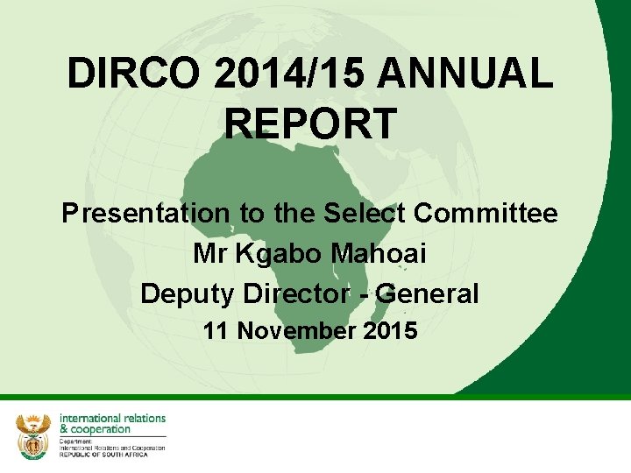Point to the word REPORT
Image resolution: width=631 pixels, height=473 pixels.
(310, 124)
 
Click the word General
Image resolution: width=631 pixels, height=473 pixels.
(429, 293)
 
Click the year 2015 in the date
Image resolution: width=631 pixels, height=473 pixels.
(391, 331)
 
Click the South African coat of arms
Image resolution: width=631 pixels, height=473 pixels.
(33, 435)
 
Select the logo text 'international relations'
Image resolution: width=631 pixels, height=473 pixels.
(112, 419)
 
